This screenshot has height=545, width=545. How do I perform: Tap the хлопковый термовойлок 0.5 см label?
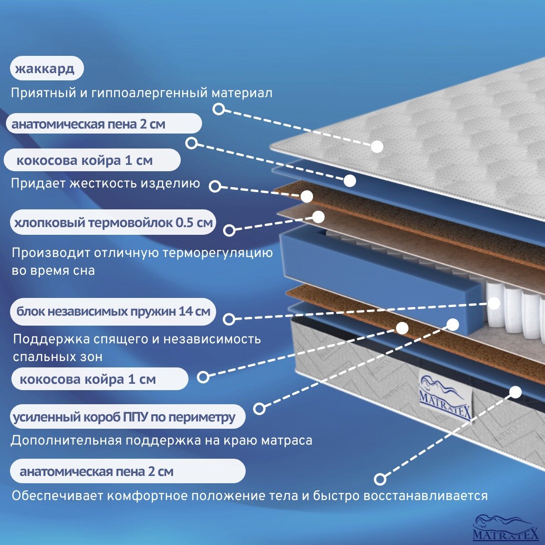(113, 223)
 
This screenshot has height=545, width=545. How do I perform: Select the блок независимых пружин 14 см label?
(113, 312)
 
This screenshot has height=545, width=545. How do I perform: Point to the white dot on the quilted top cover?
(377, 146)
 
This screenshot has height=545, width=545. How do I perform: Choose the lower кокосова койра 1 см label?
(95, 379)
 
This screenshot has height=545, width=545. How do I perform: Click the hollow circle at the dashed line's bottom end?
(380, 479)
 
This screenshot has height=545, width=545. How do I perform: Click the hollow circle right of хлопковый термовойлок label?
(229, 230)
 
